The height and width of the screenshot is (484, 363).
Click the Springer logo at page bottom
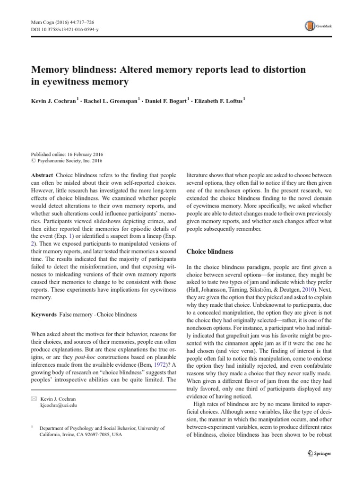point(320,453)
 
